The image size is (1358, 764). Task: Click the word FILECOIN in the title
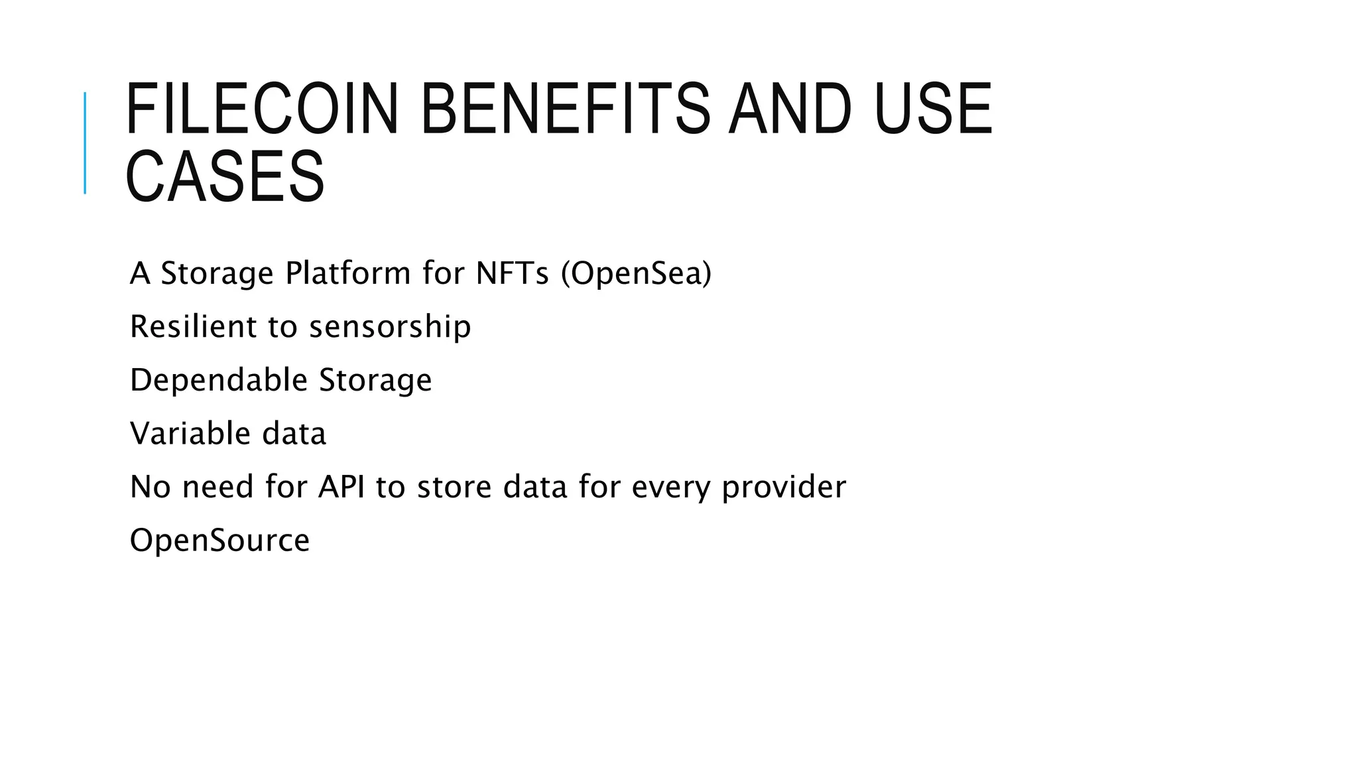click(x=262, y=109)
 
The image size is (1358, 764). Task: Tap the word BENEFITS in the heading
click(x=565, y=109)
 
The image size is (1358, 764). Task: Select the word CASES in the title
click(x=225, y=177)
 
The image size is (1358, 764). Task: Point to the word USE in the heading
click(x=934, y=109)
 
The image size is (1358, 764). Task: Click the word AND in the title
click(x=790, y=109)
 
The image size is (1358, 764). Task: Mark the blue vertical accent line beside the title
click(x=85, y=143)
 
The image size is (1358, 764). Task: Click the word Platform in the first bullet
click(x=347, y=273)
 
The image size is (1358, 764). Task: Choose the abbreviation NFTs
click(x=512, y=273)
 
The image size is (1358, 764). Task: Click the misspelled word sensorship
click(x=390, y=326)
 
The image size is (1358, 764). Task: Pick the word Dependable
click(x=219, y=380)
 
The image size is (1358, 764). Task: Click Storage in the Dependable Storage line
click(x=375, y=380)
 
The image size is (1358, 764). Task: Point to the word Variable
click(x=190, y=434)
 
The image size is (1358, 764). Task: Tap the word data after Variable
click(x=294, y=434)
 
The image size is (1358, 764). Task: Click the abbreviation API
click(x=341, y=487)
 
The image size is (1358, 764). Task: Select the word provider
click(x=784, y=487)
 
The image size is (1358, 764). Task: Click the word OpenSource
click(x=219, y=540)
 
